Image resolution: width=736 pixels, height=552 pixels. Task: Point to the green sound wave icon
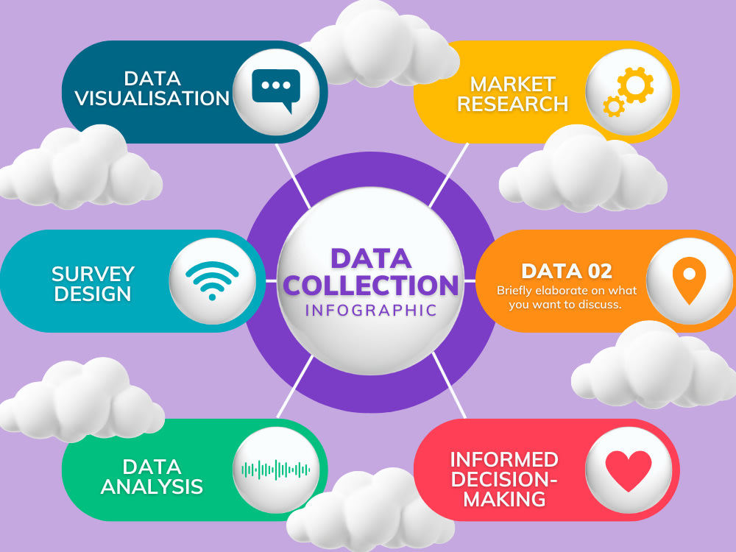coord(276,469)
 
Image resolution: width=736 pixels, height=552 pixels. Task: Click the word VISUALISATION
coord(152,99)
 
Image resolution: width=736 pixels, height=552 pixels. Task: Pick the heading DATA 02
coord(566,271)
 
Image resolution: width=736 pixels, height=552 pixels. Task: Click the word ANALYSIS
coord(152,486)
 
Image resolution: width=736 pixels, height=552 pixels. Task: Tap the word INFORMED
coord(504,460)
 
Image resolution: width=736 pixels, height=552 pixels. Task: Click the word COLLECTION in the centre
coord(371,285)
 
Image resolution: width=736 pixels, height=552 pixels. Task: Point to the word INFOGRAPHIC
coord(371,309)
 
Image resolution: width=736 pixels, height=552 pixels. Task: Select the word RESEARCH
coord(512,104)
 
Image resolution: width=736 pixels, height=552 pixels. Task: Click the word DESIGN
coord(93,294)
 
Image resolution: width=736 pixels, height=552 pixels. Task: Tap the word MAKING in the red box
coord(498,500)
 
